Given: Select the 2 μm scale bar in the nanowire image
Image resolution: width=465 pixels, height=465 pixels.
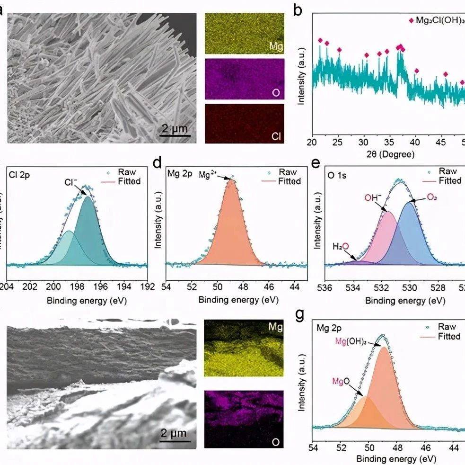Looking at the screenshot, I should click(x=174, y=129).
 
